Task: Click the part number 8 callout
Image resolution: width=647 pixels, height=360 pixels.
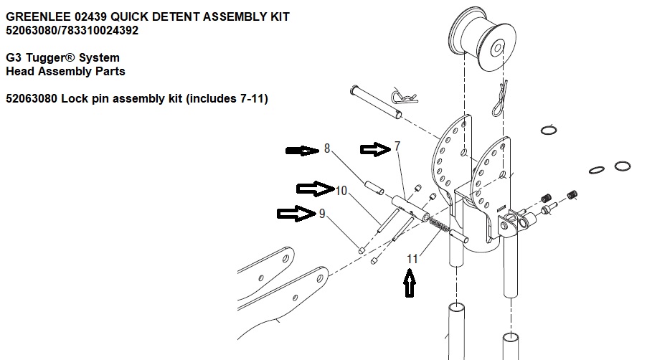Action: click(327, 149)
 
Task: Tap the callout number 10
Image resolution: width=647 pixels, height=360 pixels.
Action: click(341, 190)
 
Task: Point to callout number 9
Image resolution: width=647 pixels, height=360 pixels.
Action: click(322, 213)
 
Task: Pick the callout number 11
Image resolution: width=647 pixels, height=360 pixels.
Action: click(412, 259)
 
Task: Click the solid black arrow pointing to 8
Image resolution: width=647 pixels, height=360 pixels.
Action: click(301, 151)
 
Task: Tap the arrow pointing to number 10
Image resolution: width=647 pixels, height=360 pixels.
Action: click(314, 189)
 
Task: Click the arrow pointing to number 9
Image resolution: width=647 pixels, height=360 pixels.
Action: click(295, 213)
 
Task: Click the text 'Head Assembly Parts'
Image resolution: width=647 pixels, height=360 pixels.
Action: click(65, 71)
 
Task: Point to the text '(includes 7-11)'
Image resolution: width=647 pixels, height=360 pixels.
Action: click(227, 99)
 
